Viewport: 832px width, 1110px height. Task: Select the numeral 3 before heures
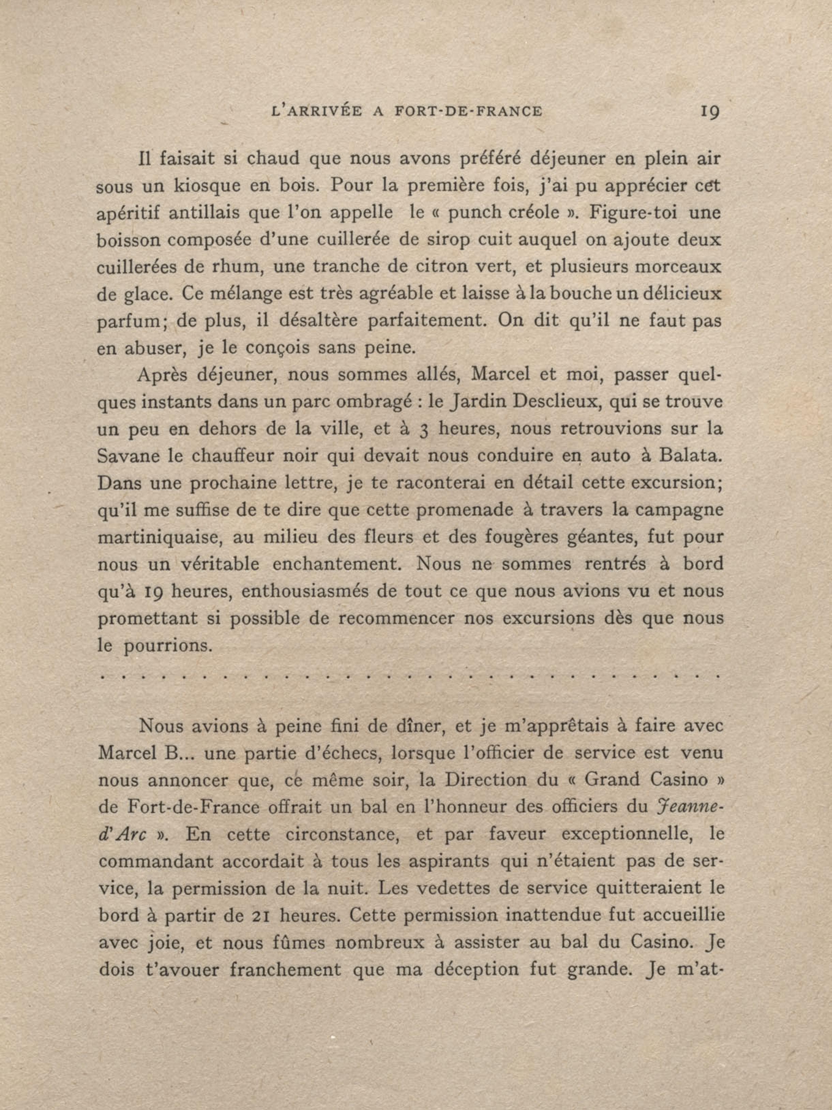[x=423, y=430]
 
